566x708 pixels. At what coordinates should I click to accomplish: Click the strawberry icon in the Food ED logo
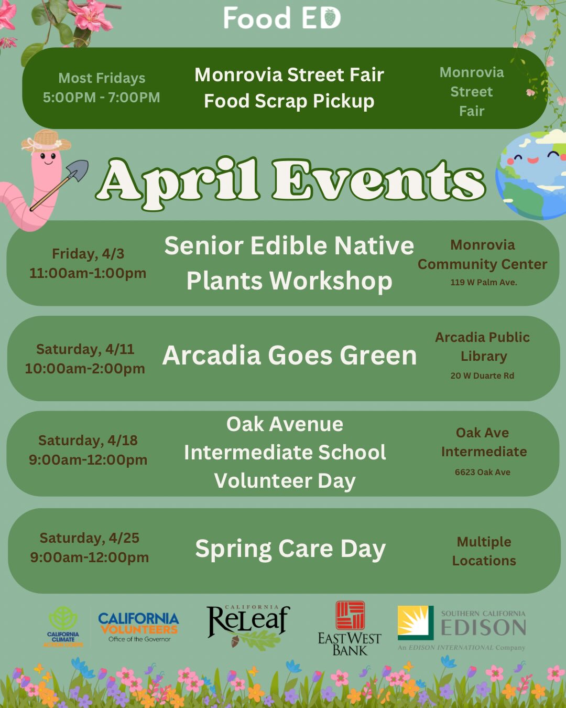pyautogui.click(x=330, y=19)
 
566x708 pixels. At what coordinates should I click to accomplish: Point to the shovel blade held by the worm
pyautogui.click(x=78, y=171)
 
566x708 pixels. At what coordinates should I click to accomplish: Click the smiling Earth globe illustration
pyautogui.click(x=532, y=174)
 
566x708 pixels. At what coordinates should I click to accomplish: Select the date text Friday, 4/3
pyautogui.click(x=88, y=254)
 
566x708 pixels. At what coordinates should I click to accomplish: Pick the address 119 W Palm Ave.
pyautogui.click(x=483, y=282)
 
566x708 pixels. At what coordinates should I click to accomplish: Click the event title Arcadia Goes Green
pyautogui.click(x=289, y=356)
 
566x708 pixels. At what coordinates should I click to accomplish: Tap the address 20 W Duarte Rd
pyautogui.click(x=482, y=376)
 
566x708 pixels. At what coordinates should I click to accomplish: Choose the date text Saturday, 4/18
pyautogui.click(x=88, y=441)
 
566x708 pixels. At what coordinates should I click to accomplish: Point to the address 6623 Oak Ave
pyautogui.click(x=482, y=472)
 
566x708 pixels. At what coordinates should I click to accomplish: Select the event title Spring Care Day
pyautogui.click(x=290, y=549)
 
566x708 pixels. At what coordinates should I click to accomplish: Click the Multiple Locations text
pyautogui.click(x=484, y=551)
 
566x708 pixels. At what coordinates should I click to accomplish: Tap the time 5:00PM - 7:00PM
pyautogui.click(x=101, y=98)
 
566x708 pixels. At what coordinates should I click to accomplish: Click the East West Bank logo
pyautogui.click(x=350, y=628)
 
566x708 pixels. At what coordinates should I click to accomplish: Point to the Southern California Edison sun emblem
pyautogui.click(x=416, y=623)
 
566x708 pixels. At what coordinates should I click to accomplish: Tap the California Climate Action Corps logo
pyautogui.click(x=63, y=627)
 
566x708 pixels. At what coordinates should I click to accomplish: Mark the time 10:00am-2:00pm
pyautogui.click(x=85, y=369)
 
